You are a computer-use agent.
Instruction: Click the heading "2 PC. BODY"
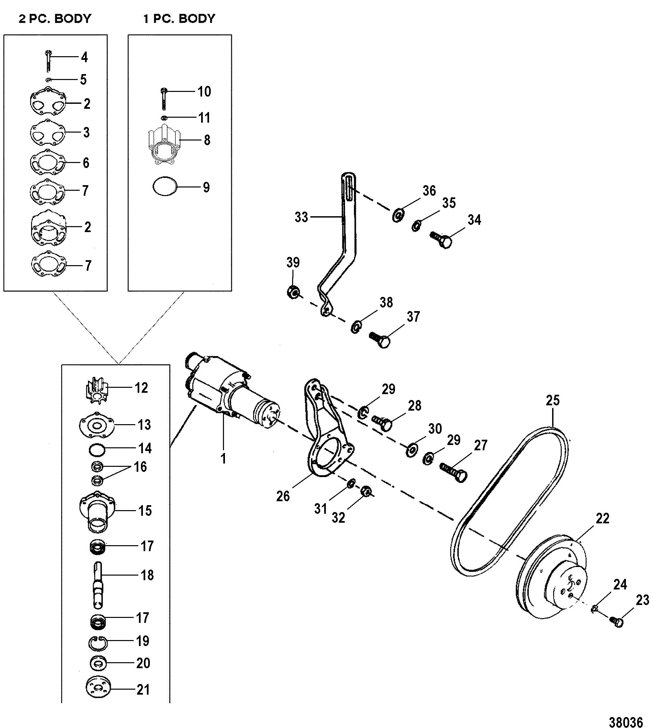[x=55, y=19]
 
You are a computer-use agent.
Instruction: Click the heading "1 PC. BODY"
[x=179, y=19]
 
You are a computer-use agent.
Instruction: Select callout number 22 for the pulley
[x=602, y=519]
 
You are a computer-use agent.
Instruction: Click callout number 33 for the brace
[x=301, y=217]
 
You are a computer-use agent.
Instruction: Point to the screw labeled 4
[x=49, y=61]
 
